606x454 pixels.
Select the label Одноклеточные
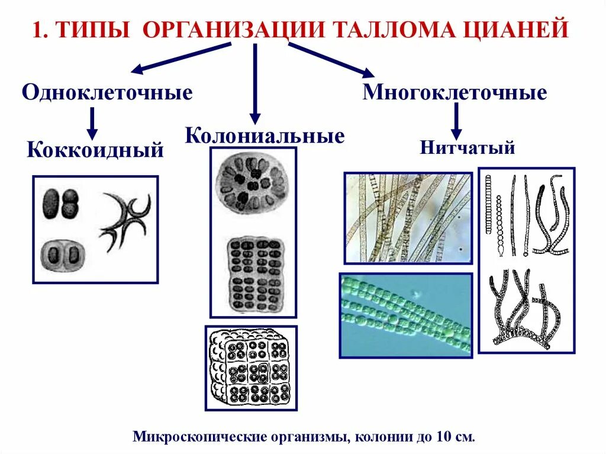(108, 93)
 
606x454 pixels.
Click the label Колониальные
(265, 136)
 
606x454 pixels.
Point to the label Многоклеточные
(454, 92)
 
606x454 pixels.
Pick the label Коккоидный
(95, 150)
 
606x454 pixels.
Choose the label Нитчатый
(468, 147)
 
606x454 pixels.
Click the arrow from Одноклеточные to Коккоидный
(92, 123)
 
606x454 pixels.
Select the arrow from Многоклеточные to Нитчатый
(456, 121)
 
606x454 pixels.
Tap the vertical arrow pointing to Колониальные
(255, 83)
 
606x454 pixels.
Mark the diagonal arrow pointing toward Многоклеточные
(331, 59)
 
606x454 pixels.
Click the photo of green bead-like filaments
(405, 315)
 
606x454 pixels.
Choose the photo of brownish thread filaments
(408, 217)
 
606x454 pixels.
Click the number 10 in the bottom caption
(443, 437)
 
